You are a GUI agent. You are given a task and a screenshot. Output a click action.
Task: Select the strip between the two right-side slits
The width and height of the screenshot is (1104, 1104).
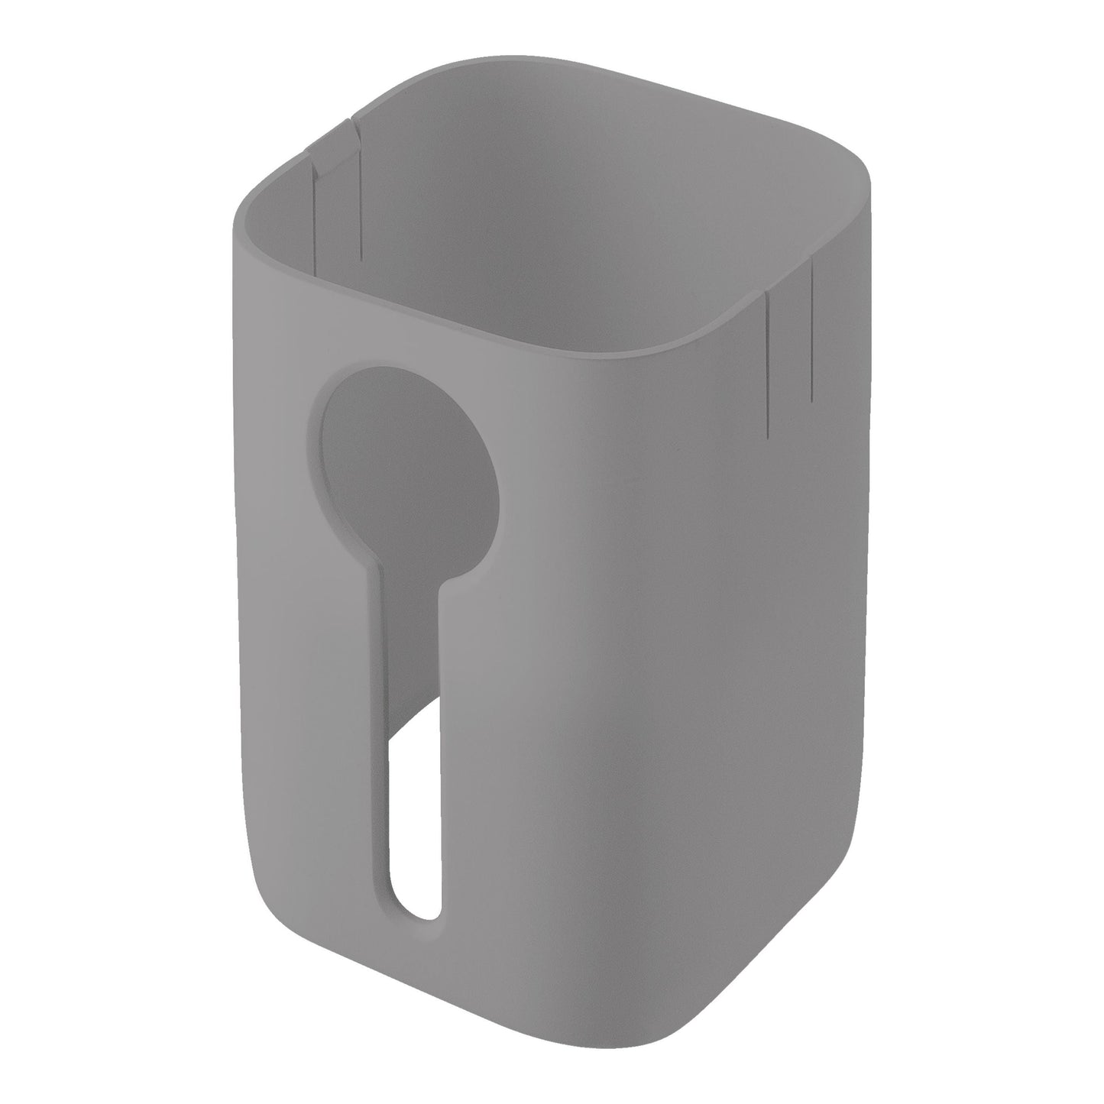click(788, 351)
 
